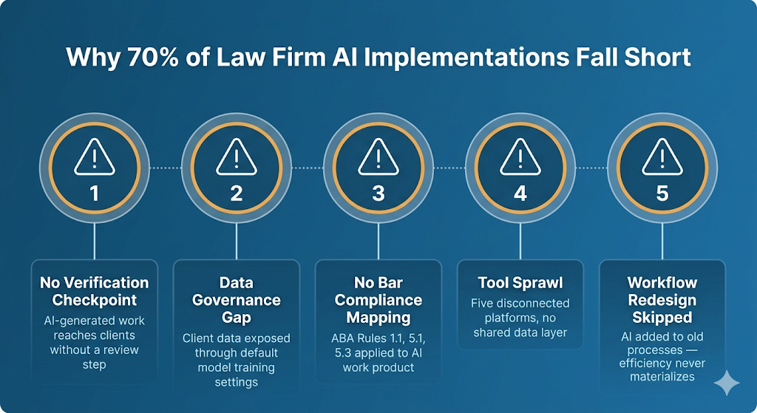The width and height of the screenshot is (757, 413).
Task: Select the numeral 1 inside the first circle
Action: pyautogui.click(x=94, y=194)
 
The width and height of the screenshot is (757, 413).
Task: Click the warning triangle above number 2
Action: pyautogui.click(x=236, y=157)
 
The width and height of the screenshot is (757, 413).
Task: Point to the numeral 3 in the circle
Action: pyautogui.click(x=378, y=194)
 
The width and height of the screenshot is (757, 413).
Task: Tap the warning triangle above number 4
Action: pyautogui.click(x=520, y=157)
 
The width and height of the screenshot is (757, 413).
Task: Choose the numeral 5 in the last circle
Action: pyautogui.click(x=662, y=194)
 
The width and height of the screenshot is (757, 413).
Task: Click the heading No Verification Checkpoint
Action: pyautogui.click(x=94, y=291)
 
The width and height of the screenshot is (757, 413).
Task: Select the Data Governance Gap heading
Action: pyautogui.click(x=236, y=300)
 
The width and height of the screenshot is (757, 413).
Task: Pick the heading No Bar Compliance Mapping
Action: pyautogui.click(x=378, y=300)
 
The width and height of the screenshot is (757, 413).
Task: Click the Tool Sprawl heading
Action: pyautogui.click(x=520, y=282)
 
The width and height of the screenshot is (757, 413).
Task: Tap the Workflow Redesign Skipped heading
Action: pyautogui.click(x=662, y=300)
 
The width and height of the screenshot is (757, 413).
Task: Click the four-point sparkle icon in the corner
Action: pyautogui.click(x=727, y=383)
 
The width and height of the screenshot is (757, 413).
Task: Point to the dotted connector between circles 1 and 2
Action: pyautogui.click(x=165, y=168)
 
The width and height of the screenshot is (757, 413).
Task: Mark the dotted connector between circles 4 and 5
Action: pyautogui.click(x=591, y=168)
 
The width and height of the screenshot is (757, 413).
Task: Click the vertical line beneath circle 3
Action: pyautogui.click(x=378, y=242)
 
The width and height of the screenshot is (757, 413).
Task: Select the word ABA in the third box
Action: pyautogui.click(x=342, y=338)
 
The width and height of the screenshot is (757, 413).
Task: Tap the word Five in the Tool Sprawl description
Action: pyautogui.click(x=482, y=304)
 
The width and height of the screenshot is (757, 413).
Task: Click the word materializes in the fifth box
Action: pyautogui.click(x=662, y=376)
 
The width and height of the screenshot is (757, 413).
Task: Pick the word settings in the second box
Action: pyautogui.click(x=236, y=382)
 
